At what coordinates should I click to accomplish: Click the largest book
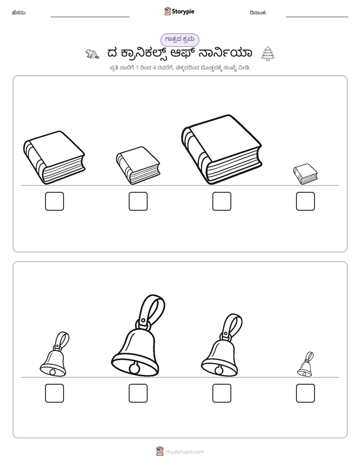tap(221, 149)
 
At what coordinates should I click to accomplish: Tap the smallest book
tap(306, 174)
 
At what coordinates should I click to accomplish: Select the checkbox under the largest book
tap(221, 201)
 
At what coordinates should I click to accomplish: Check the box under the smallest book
tap(306, 201)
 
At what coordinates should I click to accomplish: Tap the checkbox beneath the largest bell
tap(138, 393)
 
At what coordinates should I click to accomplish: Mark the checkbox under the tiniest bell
tap(306, 393)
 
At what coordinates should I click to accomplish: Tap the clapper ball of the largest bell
tap(134, 369)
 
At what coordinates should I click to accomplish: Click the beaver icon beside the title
tap(92, 54)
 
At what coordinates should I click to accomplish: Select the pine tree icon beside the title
tap(268, 54)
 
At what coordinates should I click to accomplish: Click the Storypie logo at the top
tap(179, 11)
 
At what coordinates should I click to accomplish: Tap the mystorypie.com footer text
tap(185, 452)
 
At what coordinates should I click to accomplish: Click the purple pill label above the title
tap(179, 40)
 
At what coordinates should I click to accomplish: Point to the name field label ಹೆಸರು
tap(19, 13)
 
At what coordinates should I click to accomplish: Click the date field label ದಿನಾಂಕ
tap(258, 13)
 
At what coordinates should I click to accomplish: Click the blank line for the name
tap(90, 17)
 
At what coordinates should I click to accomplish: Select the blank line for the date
tap(317, 17)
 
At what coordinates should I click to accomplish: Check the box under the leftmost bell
tap(54, 393)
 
